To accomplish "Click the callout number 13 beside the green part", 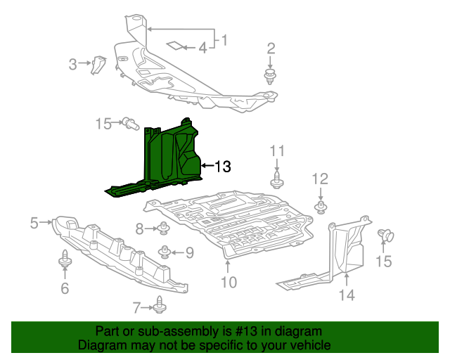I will coord(222,167).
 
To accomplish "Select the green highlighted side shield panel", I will coord(169,158).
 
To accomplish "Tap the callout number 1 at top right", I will coord(225,40).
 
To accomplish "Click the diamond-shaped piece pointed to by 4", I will coord(172,46).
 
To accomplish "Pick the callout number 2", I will coord(271,49).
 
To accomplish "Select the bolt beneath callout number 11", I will coord(277,180).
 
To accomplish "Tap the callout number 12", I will coord(320,179).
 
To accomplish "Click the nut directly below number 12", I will coord(321,206).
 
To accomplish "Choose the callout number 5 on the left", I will coord(34,224).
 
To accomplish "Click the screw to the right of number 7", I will coord(160,306).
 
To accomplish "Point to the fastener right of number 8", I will coord(163,228).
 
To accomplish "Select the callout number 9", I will coord(189,251).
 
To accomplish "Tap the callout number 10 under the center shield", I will coord(228,283).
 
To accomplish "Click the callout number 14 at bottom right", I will coord(347,295).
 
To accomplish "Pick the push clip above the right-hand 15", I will coord(384,236).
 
